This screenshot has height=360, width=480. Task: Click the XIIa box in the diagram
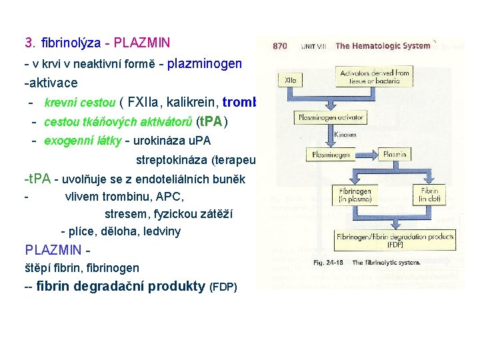291,79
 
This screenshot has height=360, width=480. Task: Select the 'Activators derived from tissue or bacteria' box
375,77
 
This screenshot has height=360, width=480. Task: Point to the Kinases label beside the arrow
346,135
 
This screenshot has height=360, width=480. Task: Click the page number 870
280,46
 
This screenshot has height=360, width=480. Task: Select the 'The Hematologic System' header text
383,46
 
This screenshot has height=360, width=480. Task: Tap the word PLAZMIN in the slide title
142,43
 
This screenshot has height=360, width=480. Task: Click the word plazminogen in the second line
204,64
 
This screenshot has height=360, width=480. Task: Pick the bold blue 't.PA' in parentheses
213,122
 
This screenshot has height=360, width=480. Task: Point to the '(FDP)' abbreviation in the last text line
223,287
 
